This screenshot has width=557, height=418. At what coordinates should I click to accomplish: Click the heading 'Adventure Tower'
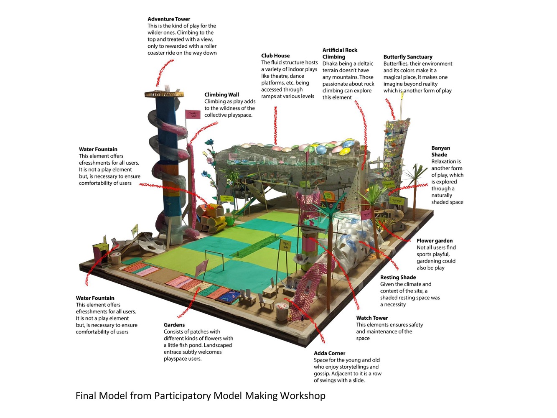[169, 19]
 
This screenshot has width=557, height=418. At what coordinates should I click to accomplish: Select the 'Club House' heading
[275, 56]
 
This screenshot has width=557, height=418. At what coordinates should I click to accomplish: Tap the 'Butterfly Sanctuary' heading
[408, 57]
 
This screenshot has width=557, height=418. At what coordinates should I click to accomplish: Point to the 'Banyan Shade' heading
[440, 151]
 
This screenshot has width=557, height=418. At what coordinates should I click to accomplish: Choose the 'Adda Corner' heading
[329, 353]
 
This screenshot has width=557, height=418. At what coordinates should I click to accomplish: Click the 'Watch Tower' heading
[372, 318]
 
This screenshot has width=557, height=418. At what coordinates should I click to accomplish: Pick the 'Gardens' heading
[174, 325]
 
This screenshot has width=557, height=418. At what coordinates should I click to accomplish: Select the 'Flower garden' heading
[435, 241]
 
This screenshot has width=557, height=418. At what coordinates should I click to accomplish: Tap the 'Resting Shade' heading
[398, 278]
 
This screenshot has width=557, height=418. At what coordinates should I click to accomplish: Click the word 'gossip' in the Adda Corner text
[321, 374]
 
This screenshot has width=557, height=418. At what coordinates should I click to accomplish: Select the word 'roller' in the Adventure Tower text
[210, 46]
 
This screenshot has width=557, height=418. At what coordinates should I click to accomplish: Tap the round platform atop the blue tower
[164, 94]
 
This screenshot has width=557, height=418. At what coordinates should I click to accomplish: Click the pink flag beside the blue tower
[193, 114]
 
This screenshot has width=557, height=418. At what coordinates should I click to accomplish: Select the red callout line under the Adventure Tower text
[165, 73]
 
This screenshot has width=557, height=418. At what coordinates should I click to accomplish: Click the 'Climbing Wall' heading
[221, 94]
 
